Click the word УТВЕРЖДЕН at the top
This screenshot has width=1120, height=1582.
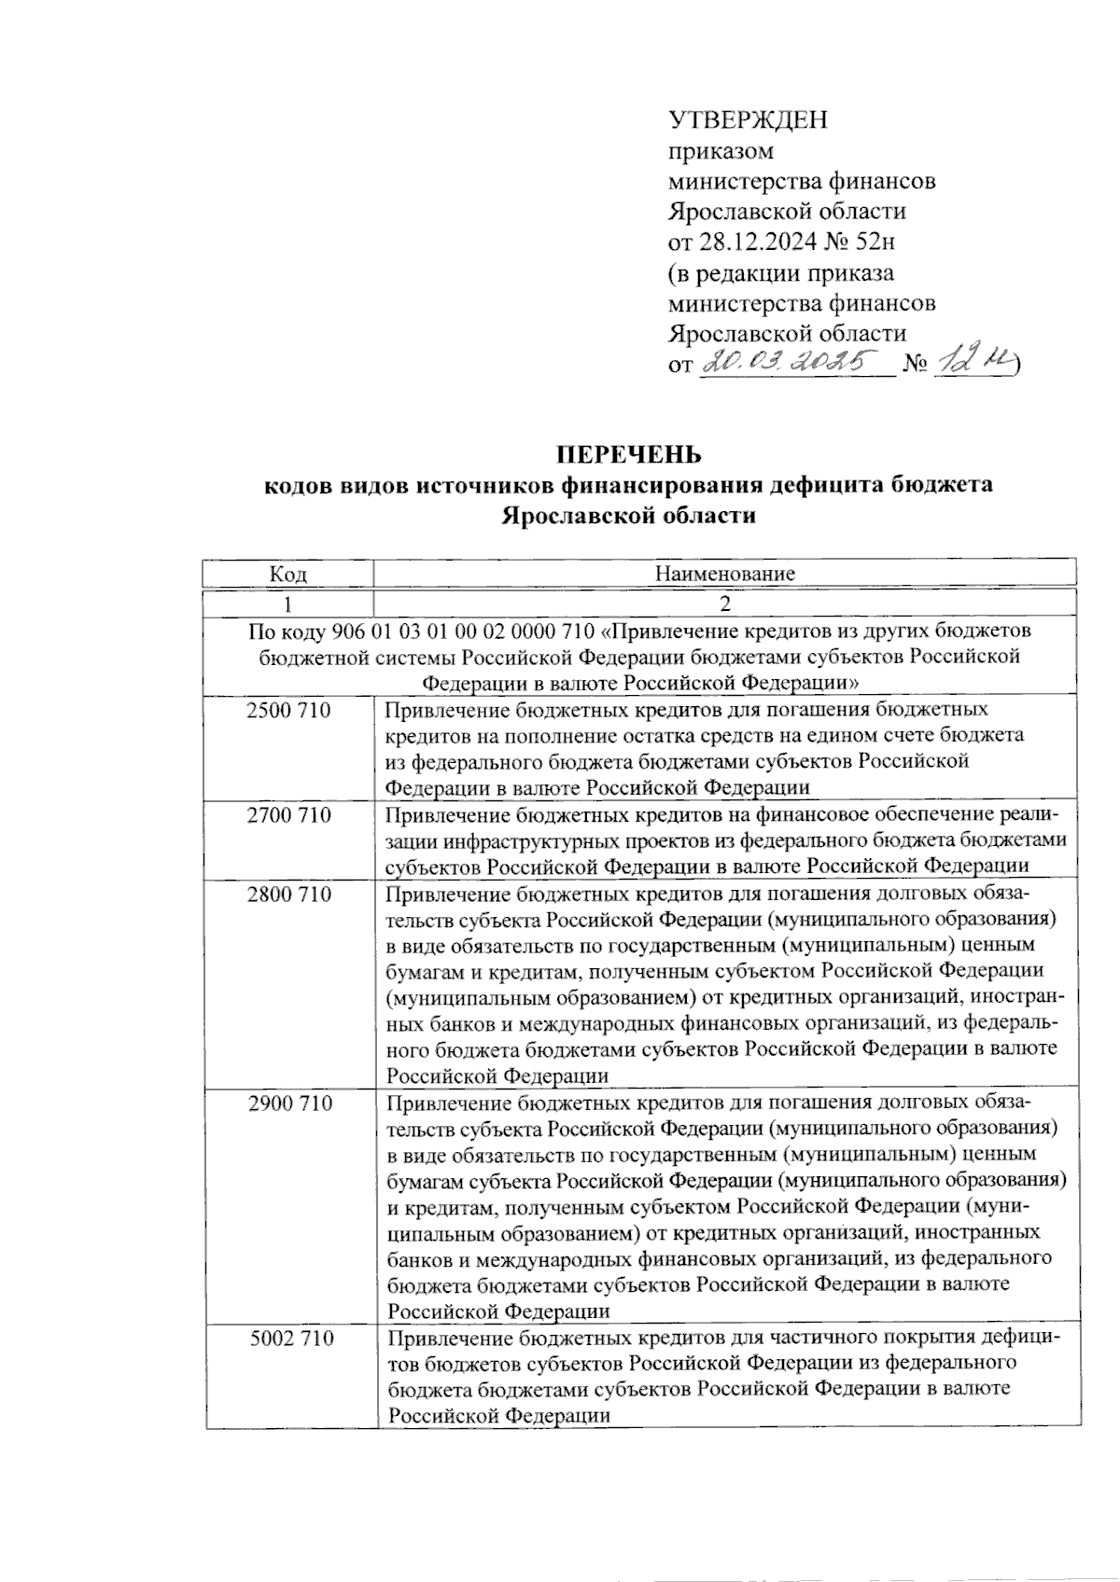pos(749,120)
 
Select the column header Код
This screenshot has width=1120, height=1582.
pos(288,573)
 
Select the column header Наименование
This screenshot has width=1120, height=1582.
pos(724,573)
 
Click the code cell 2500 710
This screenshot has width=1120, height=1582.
pos(288,711)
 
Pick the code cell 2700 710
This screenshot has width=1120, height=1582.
pos(288,815)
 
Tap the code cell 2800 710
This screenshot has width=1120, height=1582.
pos(288,894)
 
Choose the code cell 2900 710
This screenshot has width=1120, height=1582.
pos(289,1103)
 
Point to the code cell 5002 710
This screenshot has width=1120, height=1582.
pos(291,1339)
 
